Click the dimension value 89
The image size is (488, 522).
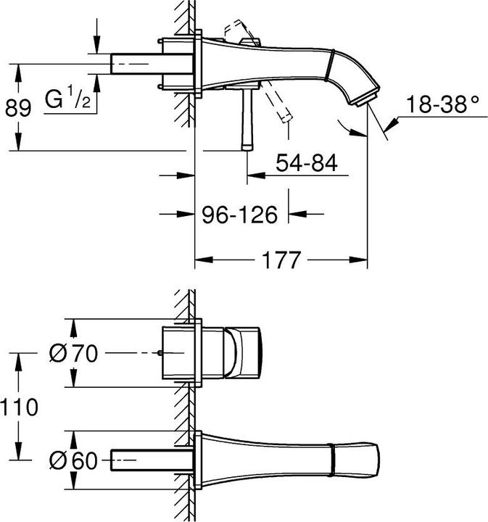tap(18, 108)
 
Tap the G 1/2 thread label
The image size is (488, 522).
tap(67, 97)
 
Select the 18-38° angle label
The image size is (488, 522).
tap(442, 104)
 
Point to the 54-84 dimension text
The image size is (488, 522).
tap(307, 162)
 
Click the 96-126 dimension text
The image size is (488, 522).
tap(240, 215)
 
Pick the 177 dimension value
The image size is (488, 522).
tap(281, 260)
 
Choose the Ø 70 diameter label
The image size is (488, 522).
tap(73, 353)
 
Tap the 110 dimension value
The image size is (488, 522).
tap(19, 407)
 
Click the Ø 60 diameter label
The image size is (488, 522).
tap(73, 460)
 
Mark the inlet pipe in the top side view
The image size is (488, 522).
tap(152, 64)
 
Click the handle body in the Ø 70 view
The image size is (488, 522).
tap(243, 353)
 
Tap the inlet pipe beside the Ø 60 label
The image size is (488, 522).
tap(152, 460)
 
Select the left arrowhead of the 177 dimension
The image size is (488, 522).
tap(203, 260)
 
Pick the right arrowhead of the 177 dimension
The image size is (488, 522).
tap(358, 260)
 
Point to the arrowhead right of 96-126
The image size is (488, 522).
tap(297, 214)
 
